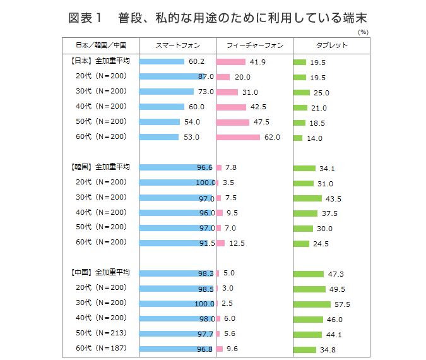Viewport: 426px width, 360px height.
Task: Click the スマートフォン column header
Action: [177, 45]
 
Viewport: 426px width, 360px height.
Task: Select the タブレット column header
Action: [331, 45]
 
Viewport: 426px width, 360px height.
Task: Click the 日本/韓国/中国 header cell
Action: [101, 45]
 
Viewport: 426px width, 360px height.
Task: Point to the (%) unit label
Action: [363, 31]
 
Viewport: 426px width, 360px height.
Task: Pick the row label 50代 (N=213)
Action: [102, 333]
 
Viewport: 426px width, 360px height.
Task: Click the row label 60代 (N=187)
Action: [102, 348]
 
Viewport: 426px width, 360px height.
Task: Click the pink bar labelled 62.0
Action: [238, 137]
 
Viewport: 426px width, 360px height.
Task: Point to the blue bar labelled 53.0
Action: [159, 137]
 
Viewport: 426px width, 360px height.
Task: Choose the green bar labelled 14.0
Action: [298, 138]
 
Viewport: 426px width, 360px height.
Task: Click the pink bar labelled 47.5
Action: [233, 122]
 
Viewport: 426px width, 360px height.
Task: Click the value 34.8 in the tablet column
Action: [328, 350]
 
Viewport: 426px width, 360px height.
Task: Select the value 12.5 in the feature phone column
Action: [237, 243]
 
